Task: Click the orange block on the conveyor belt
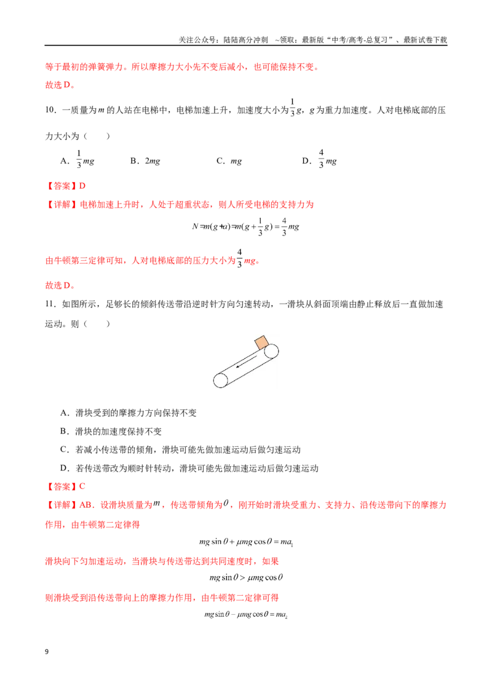pos(261,343)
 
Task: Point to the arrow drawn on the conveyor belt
pos(245,361)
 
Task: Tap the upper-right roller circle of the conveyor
pos(271,351)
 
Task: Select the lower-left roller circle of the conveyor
pos(221,381)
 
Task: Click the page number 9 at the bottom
pos(47,652)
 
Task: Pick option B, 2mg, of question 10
pos(145,160)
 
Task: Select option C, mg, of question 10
pos(229,160)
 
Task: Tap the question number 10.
pos(50,110)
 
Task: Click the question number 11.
pos(50,304)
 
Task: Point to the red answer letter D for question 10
pos(82,186)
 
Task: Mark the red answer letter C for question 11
pos(82,486)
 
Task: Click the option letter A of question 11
pos(65,413)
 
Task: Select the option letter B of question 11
pos(65,431)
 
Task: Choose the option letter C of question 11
pos(65,449)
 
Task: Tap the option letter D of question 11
pos(65,469)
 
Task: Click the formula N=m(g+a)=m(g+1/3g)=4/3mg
pos(245,226)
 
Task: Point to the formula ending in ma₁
pos(246,542)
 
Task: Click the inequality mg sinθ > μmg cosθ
pos(246,577)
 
